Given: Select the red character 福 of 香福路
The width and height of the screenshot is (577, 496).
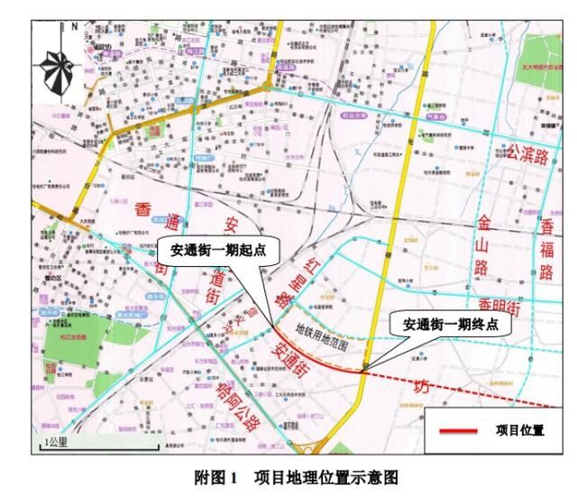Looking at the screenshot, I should point(547,245).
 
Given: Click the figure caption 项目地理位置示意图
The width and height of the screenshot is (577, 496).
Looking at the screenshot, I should point(326,475).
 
